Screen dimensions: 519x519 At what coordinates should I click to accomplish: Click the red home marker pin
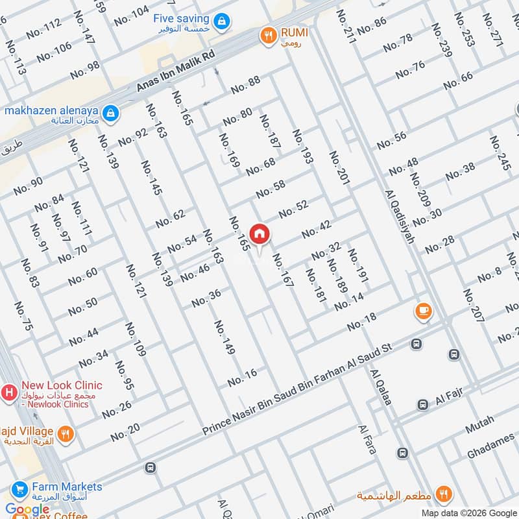[x=259, y=234]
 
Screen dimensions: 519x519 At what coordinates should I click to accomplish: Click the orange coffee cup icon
[x=424, y=312]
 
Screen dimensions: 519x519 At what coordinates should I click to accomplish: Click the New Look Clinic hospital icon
[x=10, y=392]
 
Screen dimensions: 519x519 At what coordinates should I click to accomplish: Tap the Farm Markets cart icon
[x=19, y=489]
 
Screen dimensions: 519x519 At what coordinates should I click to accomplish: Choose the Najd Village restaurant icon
[x=64, y=434]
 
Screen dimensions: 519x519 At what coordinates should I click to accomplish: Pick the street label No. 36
[x=206, y=298]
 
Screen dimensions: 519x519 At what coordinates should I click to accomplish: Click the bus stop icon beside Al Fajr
[x=423, y=404]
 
